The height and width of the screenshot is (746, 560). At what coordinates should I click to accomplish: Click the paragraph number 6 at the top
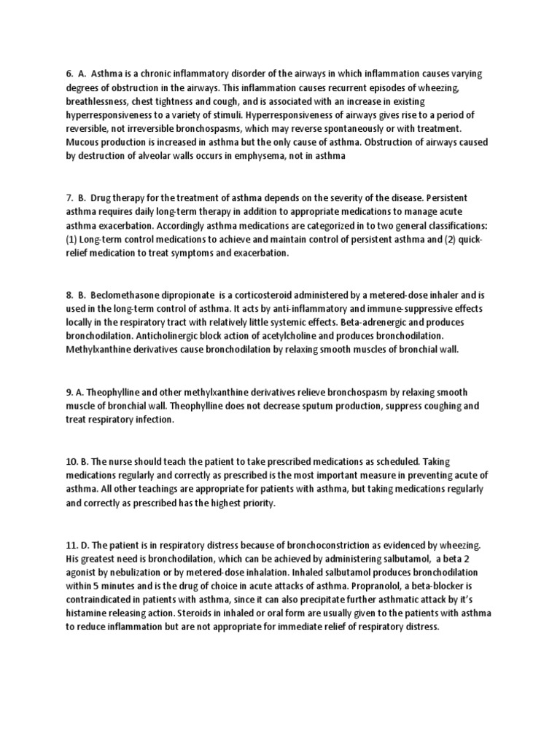point(70,74)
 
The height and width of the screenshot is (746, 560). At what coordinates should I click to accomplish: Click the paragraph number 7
point(70,198)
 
